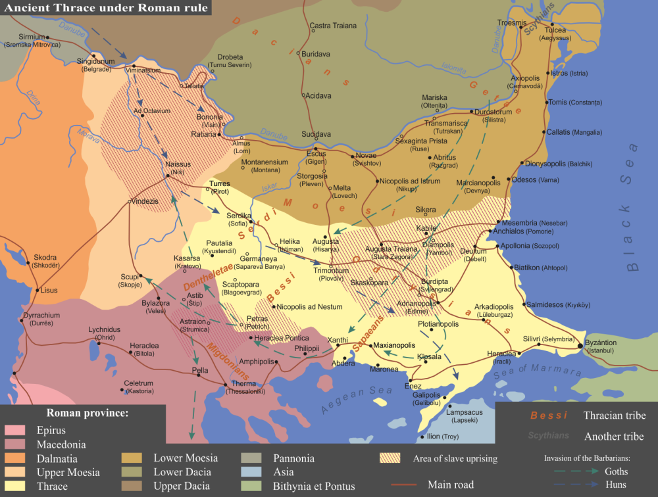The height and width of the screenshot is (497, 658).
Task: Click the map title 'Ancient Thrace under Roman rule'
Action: point(106,8)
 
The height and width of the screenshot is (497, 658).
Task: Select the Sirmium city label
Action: point(32,37)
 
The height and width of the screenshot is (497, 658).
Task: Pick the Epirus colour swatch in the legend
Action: point(14,431)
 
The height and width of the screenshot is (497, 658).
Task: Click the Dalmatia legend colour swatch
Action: point(14,459)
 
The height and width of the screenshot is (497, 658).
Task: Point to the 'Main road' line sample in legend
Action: point(403,485)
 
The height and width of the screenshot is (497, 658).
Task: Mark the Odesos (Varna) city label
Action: point(539,179)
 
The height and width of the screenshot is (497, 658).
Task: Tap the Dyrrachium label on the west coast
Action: point(41,316)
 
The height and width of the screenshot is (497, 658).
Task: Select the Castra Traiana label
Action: point(333,26)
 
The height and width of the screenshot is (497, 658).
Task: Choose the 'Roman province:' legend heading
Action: point(87,414)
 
